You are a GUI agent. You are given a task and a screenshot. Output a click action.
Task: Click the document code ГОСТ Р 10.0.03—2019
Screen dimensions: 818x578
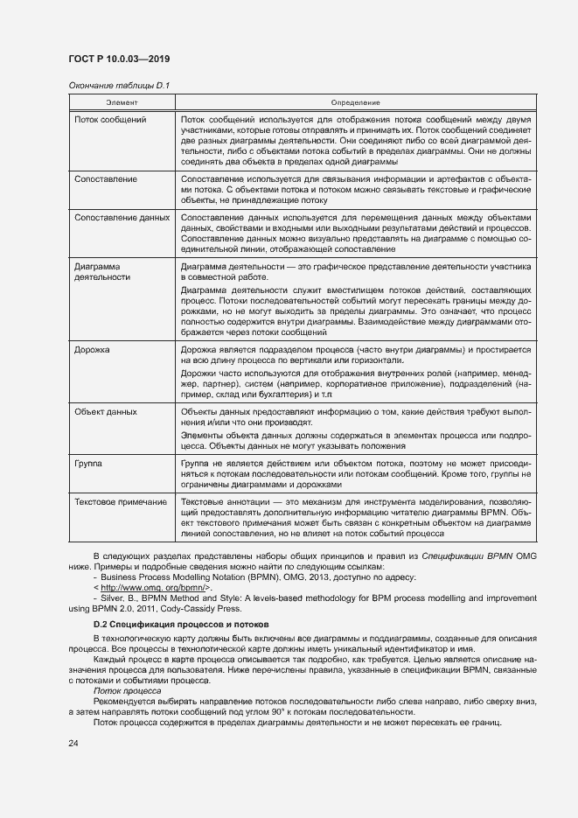(x=119, y=59)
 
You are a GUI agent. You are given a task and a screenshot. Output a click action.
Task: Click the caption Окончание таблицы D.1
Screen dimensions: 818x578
(x=118, y=85)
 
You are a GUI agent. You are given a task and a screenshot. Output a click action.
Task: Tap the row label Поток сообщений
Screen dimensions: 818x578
(x=110, y=119)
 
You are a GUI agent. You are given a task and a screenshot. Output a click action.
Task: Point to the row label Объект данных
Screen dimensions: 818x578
(x=106, y=411)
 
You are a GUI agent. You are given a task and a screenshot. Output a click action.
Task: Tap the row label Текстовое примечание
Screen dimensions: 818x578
(x=121, y=503)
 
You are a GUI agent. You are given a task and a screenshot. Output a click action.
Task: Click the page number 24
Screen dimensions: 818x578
(x=73, y=743)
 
